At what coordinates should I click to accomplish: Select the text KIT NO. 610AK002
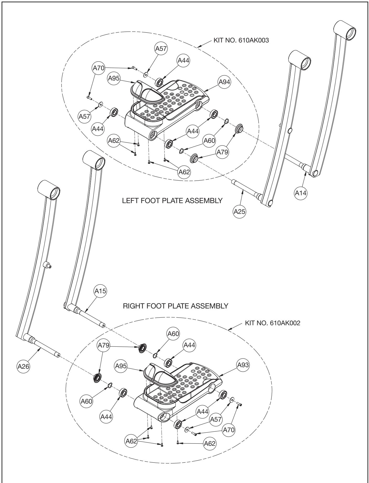coord(272,323)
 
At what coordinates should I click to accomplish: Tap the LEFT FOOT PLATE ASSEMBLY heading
coord(173,201)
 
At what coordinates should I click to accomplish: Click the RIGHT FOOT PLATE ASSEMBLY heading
coord(176,306)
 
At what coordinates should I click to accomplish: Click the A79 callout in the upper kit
coord(222,151)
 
